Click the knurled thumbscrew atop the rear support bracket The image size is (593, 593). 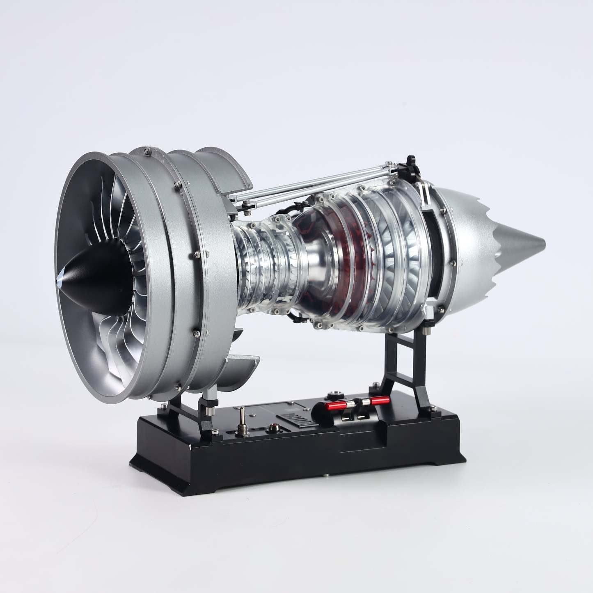coord(427,325)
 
